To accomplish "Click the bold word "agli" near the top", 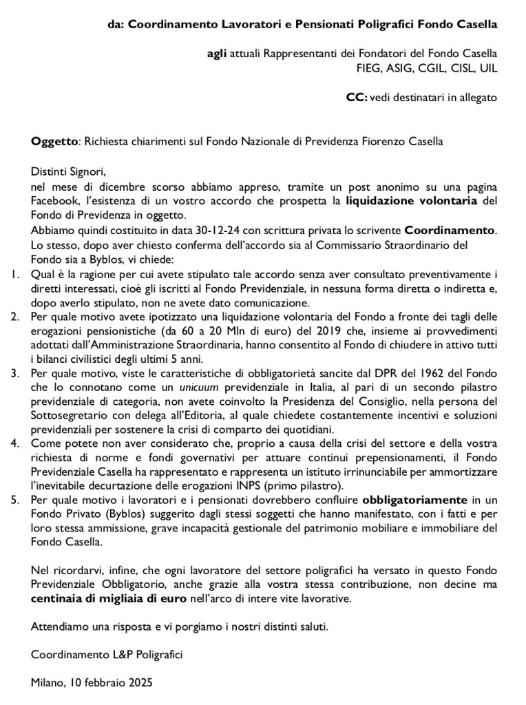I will click(x=218, y=54).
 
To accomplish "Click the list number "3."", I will click(x=16, y=373).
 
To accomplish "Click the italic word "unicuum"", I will click(x=199, y=388).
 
